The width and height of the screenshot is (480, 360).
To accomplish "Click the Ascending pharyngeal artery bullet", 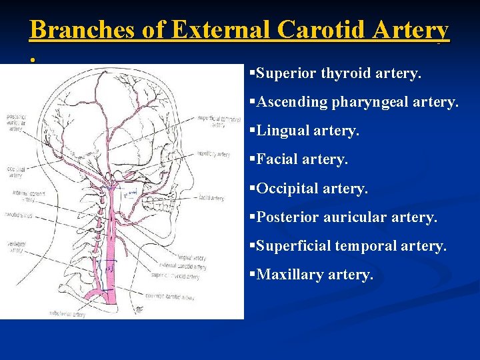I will coord(357,102).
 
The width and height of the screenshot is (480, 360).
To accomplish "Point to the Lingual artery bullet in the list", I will coord(307,131).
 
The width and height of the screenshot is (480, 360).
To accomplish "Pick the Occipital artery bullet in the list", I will coord(311,189).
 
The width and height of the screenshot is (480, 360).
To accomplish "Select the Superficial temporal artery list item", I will coord(351,246).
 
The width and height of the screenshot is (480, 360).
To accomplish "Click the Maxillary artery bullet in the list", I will coord(315,275).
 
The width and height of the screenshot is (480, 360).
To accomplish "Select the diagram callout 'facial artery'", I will coord(211,198).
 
